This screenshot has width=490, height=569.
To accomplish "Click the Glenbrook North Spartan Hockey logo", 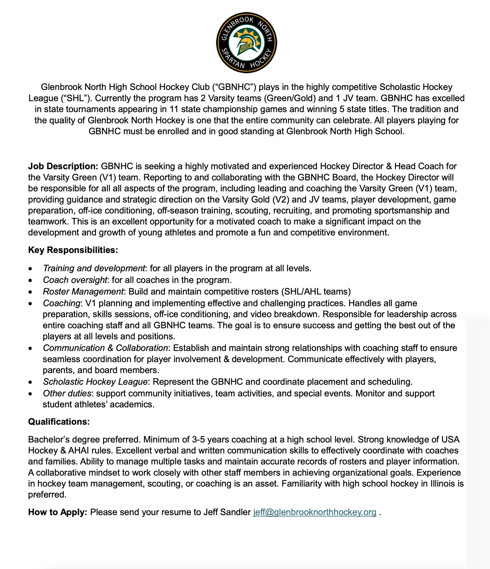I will [246, 42].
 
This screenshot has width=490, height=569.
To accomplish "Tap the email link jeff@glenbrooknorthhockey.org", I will [315, 512].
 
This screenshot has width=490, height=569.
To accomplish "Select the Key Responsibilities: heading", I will [73, 250].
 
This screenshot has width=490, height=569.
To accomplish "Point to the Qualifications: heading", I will [59, 422].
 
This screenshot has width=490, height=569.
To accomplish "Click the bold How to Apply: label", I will [57, 512].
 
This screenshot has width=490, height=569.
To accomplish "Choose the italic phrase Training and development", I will [94, 268].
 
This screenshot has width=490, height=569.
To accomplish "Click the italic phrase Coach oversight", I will [75, 280].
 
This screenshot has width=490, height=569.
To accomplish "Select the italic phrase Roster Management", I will [83, 292].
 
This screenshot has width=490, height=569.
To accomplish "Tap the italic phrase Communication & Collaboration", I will [105, 348].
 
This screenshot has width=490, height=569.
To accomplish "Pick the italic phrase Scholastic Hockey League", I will [95, 382].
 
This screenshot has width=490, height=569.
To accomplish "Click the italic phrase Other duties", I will [67, 393].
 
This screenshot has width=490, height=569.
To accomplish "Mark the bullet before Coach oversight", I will [30, 281].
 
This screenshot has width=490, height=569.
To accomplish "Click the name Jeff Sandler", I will [227, 512].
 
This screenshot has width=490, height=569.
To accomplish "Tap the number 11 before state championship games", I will [174, 109].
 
